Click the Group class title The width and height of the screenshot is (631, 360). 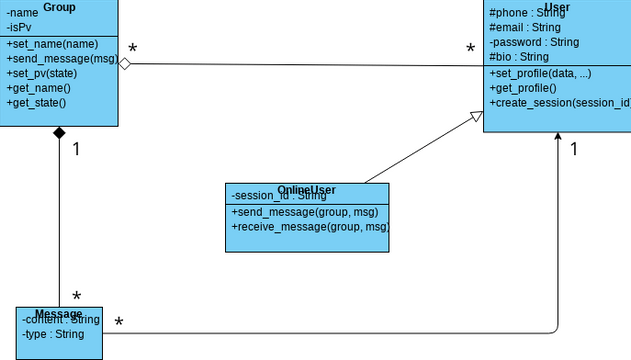59,7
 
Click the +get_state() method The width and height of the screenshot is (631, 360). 36,102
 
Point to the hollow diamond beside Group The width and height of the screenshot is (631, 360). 125,64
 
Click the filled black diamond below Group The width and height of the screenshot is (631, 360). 59,133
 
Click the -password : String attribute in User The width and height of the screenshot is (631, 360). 534,43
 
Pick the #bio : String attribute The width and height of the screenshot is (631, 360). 520,57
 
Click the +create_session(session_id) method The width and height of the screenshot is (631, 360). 559,103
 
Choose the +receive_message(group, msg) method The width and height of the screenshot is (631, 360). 309,227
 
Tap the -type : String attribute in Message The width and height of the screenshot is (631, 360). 53,334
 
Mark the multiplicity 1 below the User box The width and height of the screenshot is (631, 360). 575,149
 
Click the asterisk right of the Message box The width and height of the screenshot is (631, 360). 119,322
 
